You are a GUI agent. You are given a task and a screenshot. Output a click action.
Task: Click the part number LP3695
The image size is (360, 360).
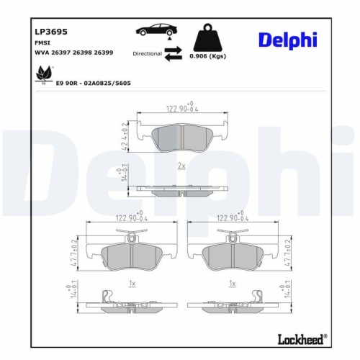pos(51,32)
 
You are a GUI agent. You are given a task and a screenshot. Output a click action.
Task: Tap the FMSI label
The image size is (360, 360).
pos(43,42)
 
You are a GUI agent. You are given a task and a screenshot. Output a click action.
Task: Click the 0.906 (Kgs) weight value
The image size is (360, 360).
pos(207,56)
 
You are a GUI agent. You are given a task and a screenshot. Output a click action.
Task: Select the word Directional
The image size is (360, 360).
pos(147,53)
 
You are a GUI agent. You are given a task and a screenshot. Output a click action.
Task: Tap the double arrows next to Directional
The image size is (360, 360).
pos(174,53)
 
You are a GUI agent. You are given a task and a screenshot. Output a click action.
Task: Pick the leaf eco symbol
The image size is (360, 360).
pos(45,73)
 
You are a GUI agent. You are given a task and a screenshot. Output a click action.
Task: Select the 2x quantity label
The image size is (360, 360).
pos(181,166)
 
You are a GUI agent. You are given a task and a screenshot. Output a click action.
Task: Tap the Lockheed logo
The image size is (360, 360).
pos(300,338)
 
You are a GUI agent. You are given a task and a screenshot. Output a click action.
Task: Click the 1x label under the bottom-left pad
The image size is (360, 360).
pos(132,284)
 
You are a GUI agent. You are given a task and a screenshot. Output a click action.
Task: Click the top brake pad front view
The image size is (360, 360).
pos(180,138)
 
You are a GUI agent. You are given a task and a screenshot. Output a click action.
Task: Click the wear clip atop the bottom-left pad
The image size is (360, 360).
pos(132,235)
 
